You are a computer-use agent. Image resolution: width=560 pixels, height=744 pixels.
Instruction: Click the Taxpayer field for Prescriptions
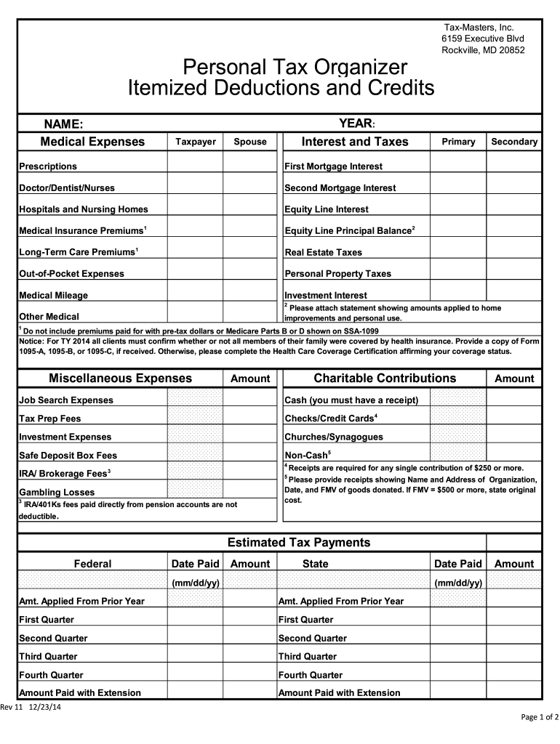[195, 166]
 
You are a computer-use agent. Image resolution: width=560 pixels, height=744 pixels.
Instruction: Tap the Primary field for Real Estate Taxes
[458, 251]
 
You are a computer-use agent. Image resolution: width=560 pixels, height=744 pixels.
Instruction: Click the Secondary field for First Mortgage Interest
[513, 166]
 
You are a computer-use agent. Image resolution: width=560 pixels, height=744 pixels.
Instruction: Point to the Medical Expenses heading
[92, 142]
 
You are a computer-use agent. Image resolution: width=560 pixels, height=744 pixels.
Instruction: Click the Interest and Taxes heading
[355, 142]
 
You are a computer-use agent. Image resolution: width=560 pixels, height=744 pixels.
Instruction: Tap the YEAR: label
[356, 124]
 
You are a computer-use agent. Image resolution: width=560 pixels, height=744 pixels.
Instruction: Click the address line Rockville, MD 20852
[483, 50]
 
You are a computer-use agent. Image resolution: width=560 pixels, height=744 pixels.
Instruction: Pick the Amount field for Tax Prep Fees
[249, 418]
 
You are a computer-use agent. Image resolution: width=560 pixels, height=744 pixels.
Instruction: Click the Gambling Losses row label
[57, 492]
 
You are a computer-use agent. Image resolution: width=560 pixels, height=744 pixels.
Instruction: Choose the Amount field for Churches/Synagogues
[513, 437]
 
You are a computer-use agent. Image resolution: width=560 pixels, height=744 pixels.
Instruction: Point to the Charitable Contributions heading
[385, 379]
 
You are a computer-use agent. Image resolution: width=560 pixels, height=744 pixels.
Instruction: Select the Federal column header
[92, 564]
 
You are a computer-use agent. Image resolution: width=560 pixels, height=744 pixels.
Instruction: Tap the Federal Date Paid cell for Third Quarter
[195, 656]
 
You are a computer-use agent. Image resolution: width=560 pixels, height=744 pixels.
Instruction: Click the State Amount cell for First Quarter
[513, 619]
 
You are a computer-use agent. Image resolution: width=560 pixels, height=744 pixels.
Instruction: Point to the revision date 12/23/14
[45, 709]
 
